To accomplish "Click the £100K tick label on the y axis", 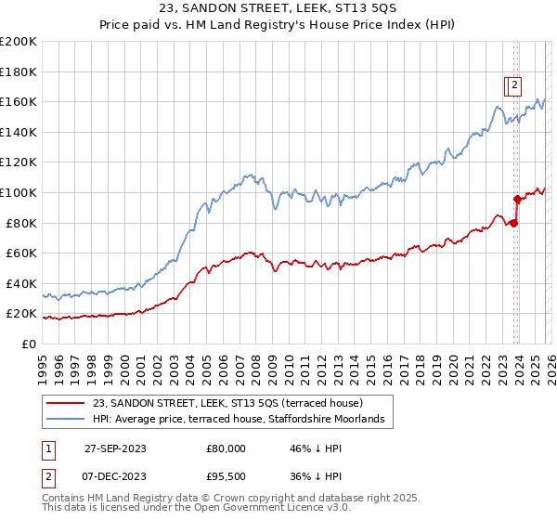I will tap(19, 192).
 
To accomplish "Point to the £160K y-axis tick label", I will tap(19, 101).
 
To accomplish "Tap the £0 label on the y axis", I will tap(30, 344).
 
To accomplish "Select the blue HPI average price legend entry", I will tap(243, 420).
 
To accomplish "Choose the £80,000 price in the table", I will tap(227, 448).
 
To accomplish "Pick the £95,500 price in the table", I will tap(227, 476).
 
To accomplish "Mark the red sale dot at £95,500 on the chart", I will tap(517, 199).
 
